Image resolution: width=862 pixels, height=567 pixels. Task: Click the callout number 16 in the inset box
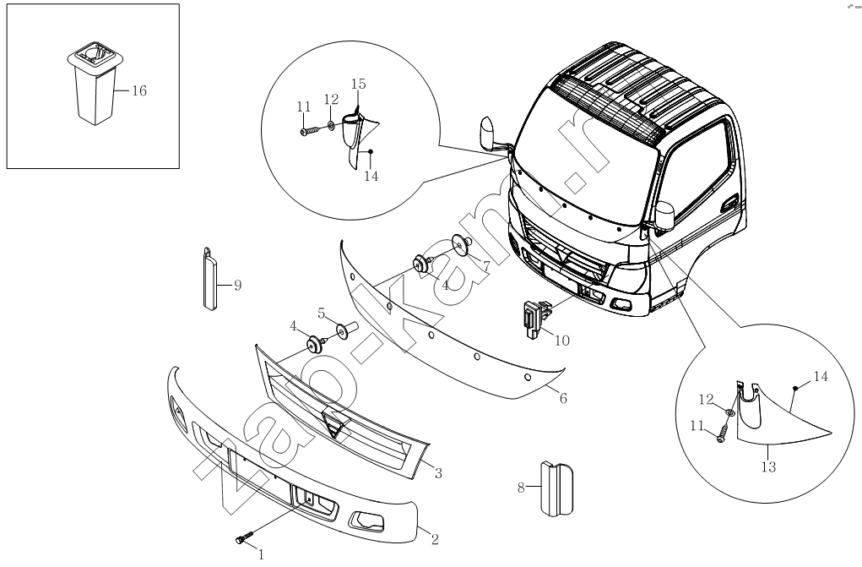pos(139,91)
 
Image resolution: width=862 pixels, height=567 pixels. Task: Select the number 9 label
pos(237,286)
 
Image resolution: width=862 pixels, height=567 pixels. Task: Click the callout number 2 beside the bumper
pos(435,537)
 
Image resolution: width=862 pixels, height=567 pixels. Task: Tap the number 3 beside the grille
pos(438,473)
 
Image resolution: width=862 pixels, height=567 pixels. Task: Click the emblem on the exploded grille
pos(335,428)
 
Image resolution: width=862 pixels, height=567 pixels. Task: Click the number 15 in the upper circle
pos(358,84)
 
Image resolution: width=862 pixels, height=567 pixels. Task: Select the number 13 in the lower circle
pos(767,466)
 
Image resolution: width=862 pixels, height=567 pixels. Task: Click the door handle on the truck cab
pos(729,204)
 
